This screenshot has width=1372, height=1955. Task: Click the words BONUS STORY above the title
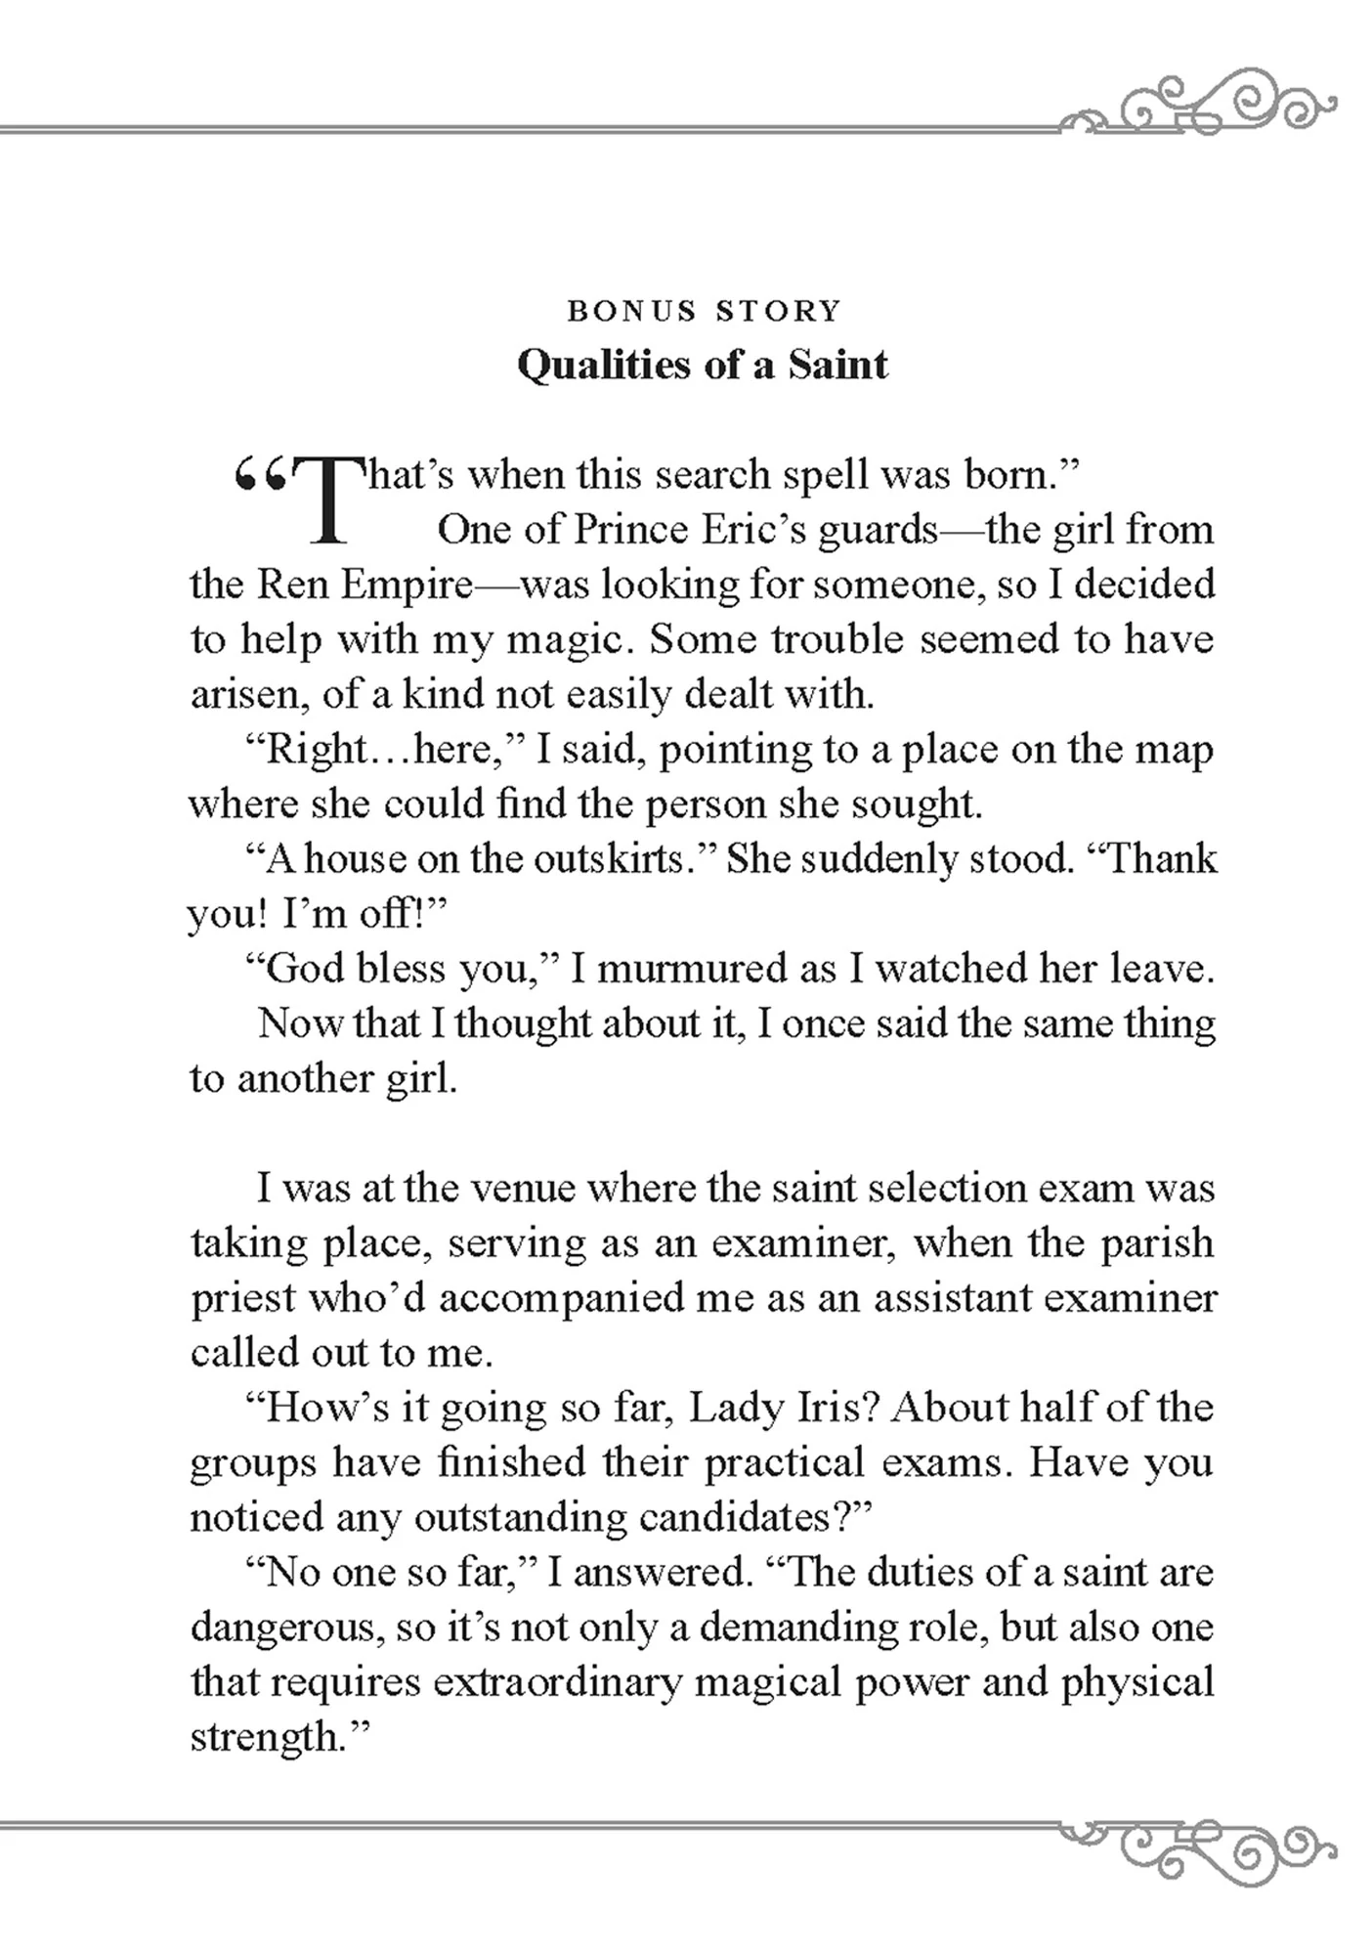pos(704,311)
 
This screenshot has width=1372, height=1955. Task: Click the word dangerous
pos(279,1627)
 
